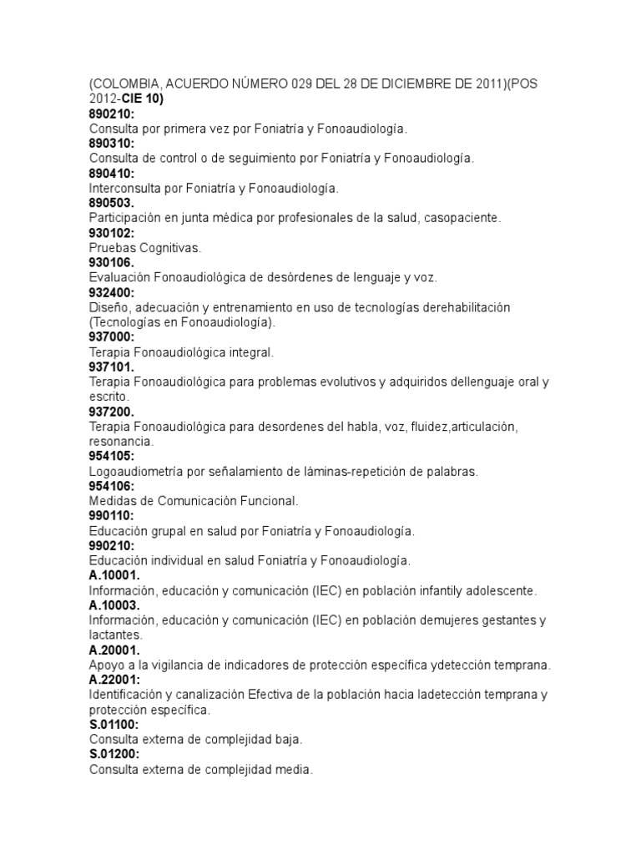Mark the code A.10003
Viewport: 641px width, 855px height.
[x=115, y=605]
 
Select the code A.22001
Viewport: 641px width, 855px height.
[x=115, y=679]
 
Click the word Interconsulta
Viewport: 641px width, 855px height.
[x=129, y=188]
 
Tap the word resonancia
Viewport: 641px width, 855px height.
[x=120, y=441]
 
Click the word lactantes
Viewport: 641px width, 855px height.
[x=114, y=635]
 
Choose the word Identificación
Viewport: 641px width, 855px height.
[x=129, y=694]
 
